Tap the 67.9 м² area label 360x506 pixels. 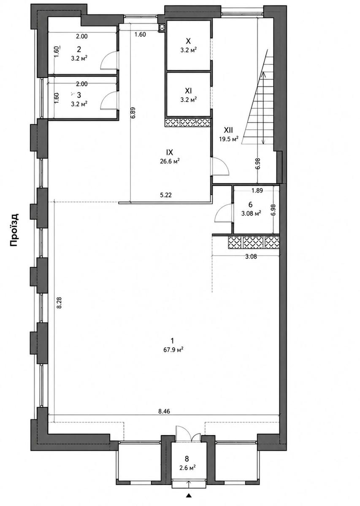tap(173, 350)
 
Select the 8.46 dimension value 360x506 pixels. tap(164, 411)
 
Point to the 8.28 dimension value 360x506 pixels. tap(59, 303)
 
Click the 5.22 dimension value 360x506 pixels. tap(166, 195)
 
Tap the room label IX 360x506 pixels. tap(169, 153)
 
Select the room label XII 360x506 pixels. tap(228, 130)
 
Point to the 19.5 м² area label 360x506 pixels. tap(229, 139)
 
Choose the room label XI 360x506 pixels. tap(188, 91)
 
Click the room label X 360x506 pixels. tap(188, 41)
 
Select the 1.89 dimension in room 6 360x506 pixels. tap(257, 191)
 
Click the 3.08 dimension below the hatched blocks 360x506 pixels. tap(251, 256)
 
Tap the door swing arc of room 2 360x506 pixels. tap(107, 59)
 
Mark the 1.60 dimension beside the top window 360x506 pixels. tap(140, 34)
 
